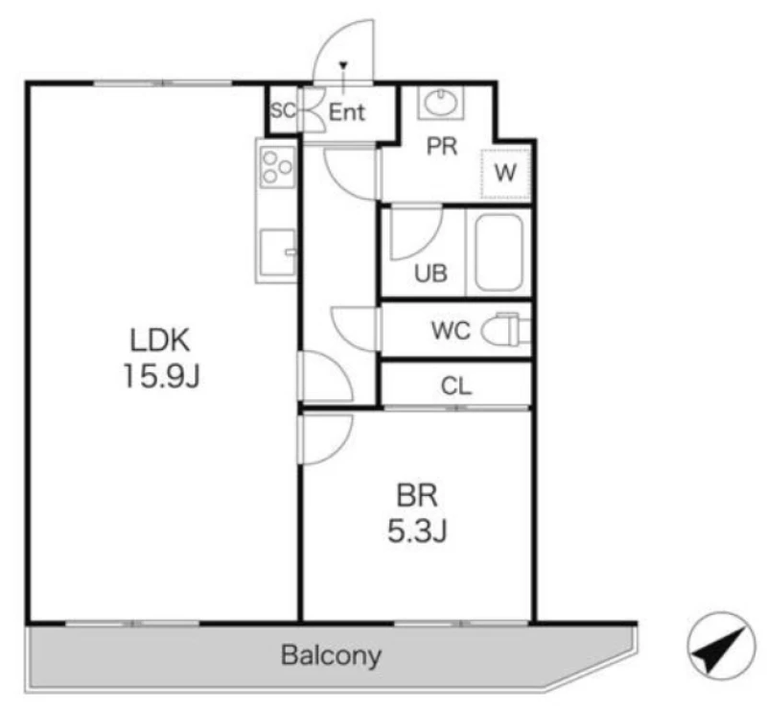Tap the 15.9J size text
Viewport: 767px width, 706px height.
(161, 376)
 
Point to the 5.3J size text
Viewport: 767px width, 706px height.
(417, 530)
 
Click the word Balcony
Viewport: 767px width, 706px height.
(331, 655)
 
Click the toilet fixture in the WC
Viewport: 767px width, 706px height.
(506, 329)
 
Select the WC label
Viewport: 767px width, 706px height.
(451, 330)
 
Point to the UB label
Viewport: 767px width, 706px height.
(430, 273)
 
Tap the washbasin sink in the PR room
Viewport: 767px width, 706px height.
(441, 104)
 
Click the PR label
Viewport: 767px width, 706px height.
(442, 147)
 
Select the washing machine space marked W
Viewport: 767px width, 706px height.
(505, 174)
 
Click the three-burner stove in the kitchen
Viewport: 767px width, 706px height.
(277, 167)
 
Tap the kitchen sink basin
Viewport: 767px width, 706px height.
(277, 252)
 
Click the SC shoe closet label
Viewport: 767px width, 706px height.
(284, 111)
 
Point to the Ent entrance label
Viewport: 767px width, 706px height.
(347, 112)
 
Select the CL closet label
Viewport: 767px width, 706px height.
(456, 386)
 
